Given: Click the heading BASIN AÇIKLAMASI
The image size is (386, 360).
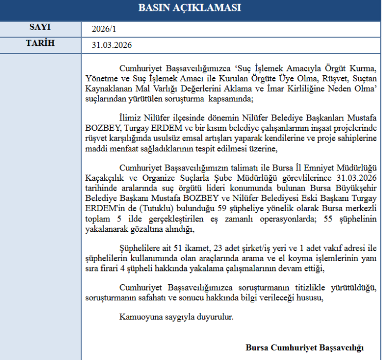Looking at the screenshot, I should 190,8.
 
